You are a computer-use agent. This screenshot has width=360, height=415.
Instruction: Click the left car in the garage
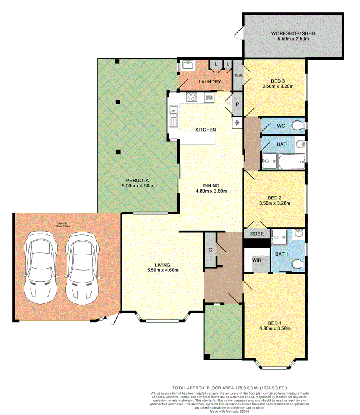click(39, 267)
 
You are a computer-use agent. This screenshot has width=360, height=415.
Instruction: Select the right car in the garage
click(81, 267)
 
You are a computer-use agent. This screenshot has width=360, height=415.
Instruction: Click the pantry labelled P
click(237, 104)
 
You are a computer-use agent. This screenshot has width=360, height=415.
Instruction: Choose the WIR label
click(256, 260)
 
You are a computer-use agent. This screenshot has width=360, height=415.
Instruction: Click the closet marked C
click(210, 250)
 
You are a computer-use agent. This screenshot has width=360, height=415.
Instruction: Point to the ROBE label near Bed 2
click(256, 234)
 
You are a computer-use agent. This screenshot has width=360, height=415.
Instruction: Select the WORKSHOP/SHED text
click(293, 33)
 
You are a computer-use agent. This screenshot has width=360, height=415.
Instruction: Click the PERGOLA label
click(137, 180)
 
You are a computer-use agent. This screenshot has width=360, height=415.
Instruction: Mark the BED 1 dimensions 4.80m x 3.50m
click(275, 329)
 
